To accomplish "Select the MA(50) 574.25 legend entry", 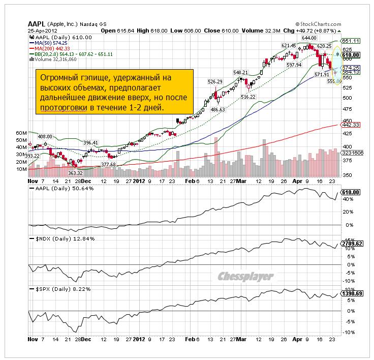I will (x=53, y=43).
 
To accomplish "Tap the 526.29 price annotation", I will (x=215, y=81).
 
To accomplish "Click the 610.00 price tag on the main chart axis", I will (x=351, y=54).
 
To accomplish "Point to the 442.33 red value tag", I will (x=351, y=125).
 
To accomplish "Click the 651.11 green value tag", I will (x=351, y=41).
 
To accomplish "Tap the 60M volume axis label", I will (x=21, y=133).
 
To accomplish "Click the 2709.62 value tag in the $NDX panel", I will (x=351, y=244).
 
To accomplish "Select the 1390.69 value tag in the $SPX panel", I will (x=351, y=294).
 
